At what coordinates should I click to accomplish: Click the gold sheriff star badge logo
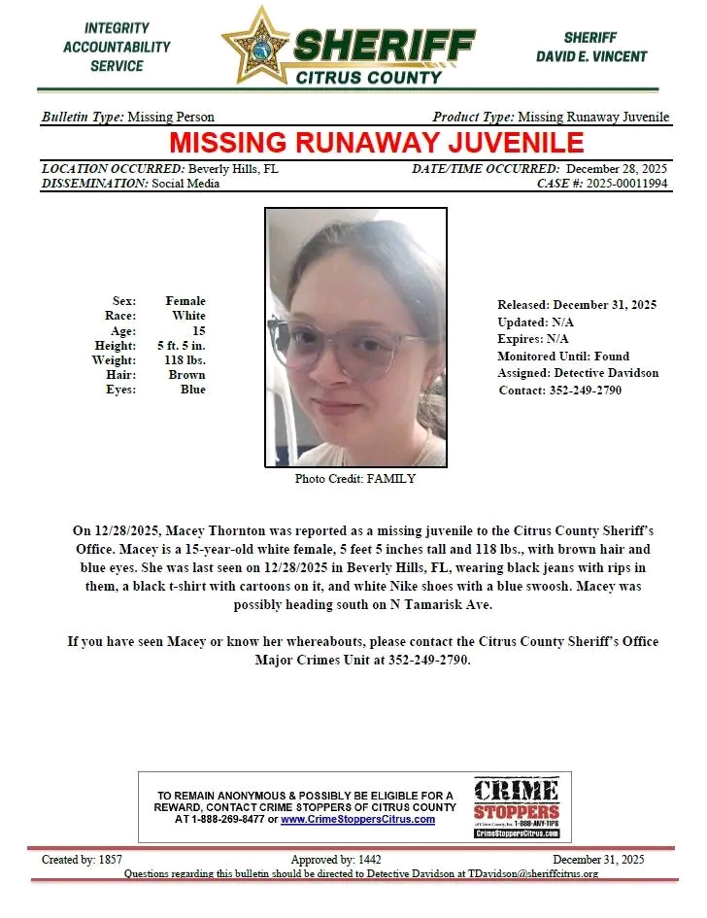pos(256,44)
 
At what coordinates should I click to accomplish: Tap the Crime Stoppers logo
pos(516,806)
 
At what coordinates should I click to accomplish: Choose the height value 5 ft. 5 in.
pos(181,346)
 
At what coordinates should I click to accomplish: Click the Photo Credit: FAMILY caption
pos(354,479)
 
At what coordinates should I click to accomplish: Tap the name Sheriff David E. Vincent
pos(590,48)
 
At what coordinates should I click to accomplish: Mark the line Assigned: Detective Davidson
pos(578,373)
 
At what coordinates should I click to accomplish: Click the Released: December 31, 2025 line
pos(577,305)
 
